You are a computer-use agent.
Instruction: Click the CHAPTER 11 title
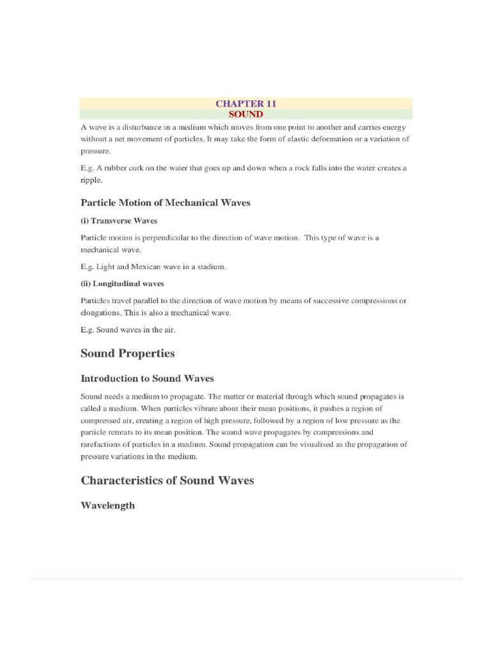(x=245, y=104)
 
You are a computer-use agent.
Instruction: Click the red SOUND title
(x=245, y=114)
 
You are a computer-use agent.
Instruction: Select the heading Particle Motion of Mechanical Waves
(x=166, y=203)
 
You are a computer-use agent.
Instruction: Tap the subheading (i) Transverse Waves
(x=119, y=221)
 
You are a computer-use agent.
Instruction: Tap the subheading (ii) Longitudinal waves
(x=122, y=283)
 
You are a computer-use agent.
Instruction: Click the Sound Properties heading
(x=128, y=354)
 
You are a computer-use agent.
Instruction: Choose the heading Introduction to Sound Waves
(x=147, y=379)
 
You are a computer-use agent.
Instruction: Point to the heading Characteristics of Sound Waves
(x=168, y=480)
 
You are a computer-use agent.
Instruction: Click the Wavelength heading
(x=107, y=505)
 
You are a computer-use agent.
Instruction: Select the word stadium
(x=212, y=267)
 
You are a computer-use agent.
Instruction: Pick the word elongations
(x=100, y=313)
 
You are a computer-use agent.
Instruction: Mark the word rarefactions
(x=100, y=445)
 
